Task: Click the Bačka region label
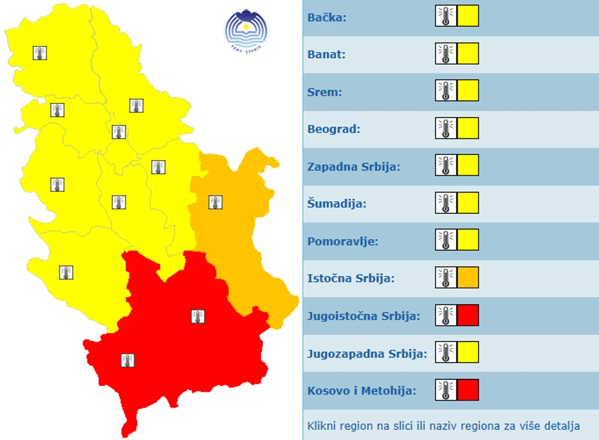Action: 327,17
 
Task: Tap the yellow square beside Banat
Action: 468,54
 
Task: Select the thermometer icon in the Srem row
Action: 446,91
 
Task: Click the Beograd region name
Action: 334,129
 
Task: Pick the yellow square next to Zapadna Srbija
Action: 468,165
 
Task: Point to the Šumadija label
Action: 337,204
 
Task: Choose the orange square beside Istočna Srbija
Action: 468,277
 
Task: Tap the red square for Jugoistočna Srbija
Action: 468,315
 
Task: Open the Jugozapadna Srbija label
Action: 367,353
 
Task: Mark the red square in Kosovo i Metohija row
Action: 468,390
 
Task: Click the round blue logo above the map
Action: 246,29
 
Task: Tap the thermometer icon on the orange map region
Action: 215,203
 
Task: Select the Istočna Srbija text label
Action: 350,279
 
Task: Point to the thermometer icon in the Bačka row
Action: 446,16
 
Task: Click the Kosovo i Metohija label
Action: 361,390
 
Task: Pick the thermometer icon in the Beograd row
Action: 446,128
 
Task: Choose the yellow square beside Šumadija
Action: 468,203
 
